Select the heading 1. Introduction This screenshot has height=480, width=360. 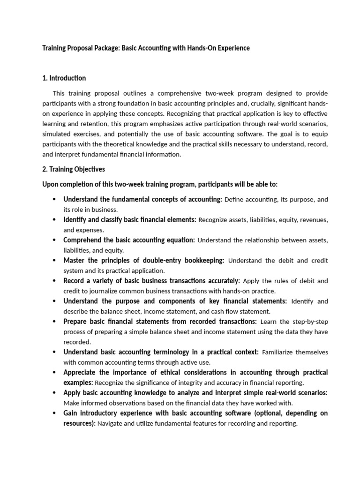tap(64, 78)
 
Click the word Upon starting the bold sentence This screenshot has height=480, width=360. tap(51, 184)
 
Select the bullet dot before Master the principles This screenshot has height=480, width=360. tap(54, 261)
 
